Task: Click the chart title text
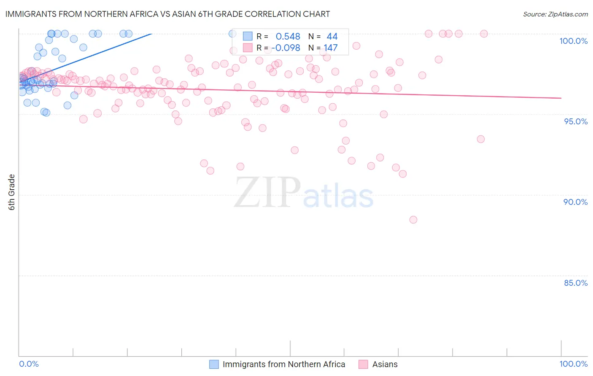click(167, 14)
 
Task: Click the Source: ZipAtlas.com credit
click(555, 14)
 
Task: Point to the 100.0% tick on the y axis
click(573, 41)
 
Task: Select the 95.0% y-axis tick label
click(575, 121)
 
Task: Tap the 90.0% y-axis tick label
click(575, 202)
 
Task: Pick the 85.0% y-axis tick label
click(575, 283)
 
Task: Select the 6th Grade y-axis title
click(12, 192)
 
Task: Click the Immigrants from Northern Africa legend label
click(283, 365)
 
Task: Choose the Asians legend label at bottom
click(385, 365)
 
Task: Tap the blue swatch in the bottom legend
click(214, 365)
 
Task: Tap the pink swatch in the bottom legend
click(363, 365)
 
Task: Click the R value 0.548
click(288, 37)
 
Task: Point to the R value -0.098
click(286, 48)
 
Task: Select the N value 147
click(331, 48)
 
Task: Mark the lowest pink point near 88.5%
click(413, 220)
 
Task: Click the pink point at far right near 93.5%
click(481, 139)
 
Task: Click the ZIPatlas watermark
click(304, 192)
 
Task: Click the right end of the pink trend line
click(561, 98)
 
